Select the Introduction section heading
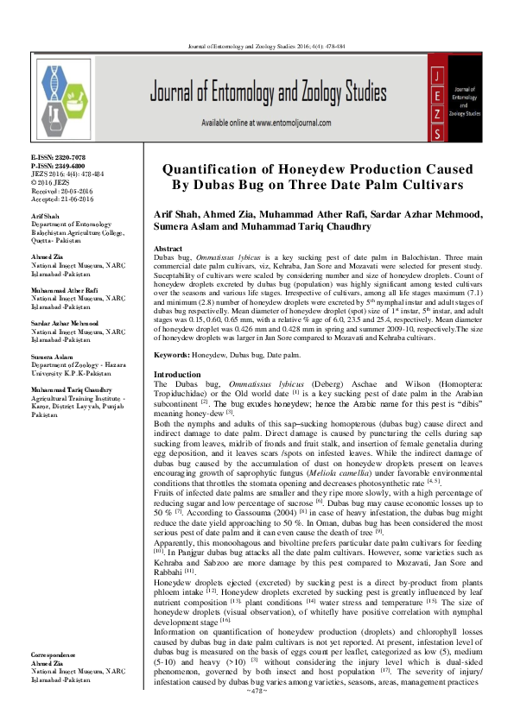tap(176, 398)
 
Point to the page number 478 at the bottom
tap(256, 716)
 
